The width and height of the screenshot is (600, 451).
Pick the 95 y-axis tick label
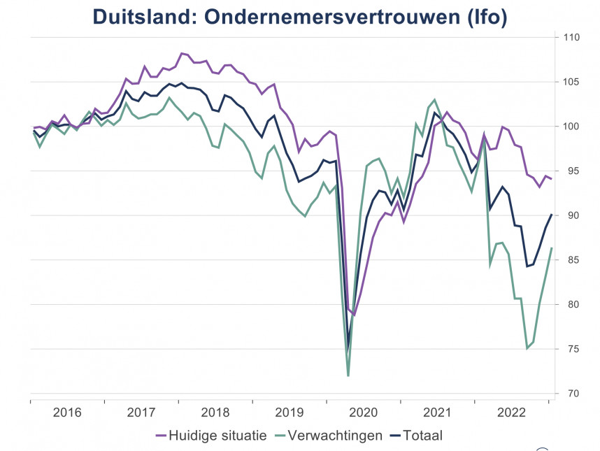(570, 171)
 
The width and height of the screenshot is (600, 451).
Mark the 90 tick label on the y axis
(570, 215)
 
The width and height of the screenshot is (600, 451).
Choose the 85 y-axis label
(570, 260)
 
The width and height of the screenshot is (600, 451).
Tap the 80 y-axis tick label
(570, 305)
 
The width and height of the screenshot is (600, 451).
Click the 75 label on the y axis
(570, 349)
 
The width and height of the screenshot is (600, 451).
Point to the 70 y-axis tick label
(570, 394)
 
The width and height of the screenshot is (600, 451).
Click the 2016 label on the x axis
(67, 413)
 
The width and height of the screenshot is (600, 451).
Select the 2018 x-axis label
(215, 413)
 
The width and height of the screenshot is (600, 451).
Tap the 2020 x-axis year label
(364, 413)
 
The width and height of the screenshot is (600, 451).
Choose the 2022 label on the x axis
(512, 413)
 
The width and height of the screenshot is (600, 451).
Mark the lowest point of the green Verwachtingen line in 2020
(348, 376)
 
